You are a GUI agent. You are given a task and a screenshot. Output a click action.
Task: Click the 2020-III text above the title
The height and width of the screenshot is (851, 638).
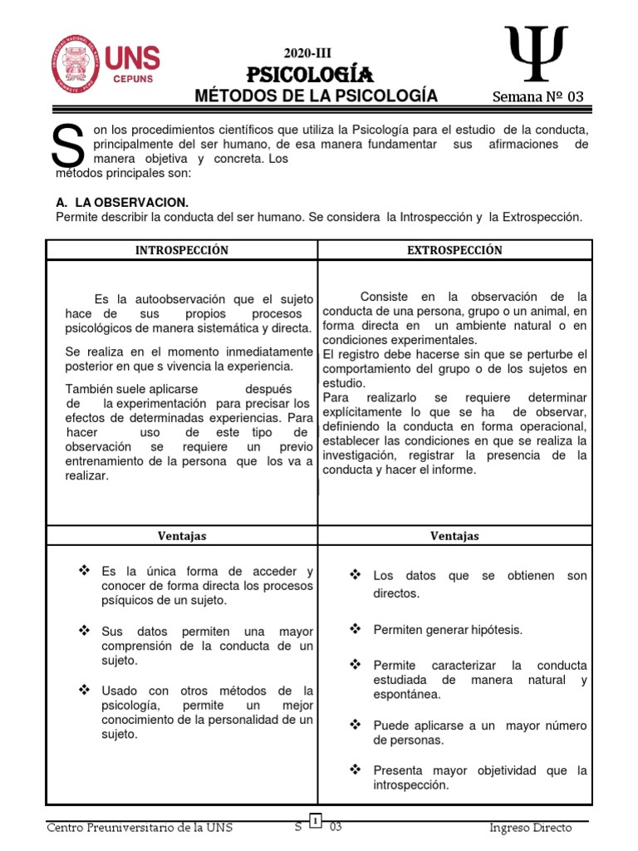tap(308, 53)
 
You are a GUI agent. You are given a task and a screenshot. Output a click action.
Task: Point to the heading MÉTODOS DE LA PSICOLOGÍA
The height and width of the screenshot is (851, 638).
tap(316, 96)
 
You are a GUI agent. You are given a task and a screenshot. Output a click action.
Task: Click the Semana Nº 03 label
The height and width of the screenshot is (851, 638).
tap(537, 96)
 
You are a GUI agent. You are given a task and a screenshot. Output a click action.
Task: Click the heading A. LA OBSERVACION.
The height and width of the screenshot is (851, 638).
tap(122, 202)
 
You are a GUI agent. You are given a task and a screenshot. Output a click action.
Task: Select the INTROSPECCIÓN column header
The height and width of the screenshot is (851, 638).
tap(181, 250)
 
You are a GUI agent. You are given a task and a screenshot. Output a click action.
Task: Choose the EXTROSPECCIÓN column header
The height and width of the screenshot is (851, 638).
tap(454, 250)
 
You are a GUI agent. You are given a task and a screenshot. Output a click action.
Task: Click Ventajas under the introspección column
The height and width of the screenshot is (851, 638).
tap(181, 536)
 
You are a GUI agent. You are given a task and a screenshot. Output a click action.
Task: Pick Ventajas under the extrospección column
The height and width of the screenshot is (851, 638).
tap(454, 536)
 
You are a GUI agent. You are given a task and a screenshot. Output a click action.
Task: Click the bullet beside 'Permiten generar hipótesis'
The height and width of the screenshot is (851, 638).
tap(356, 629)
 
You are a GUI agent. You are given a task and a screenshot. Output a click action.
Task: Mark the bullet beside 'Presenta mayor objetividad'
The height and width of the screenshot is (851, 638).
tap(356, 770)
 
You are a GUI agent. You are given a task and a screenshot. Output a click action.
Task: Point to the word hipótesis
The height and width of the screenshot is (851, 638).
tap(493, 630)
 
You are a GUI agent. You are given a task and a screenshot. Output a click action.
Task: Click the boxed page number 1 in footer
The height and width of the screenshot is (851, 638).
tap(317, 821)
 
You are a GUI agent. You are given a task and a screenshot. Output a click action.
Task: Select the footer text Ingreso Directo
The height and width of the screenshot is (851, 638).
tap(532, 828)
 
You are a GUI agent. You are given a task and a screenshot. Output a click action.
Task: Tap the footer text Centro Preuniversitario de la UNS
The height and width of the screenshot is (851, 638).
tap(140, 828)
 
